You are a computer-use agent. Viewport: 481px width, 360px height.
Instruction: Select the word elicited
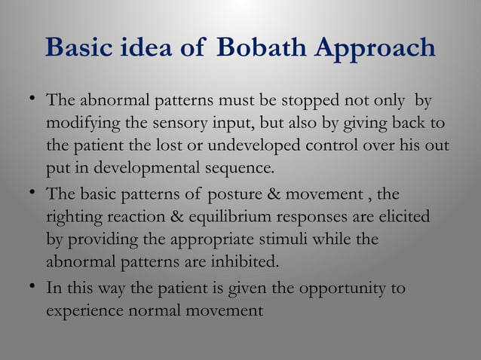click(x=406, y=217)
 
